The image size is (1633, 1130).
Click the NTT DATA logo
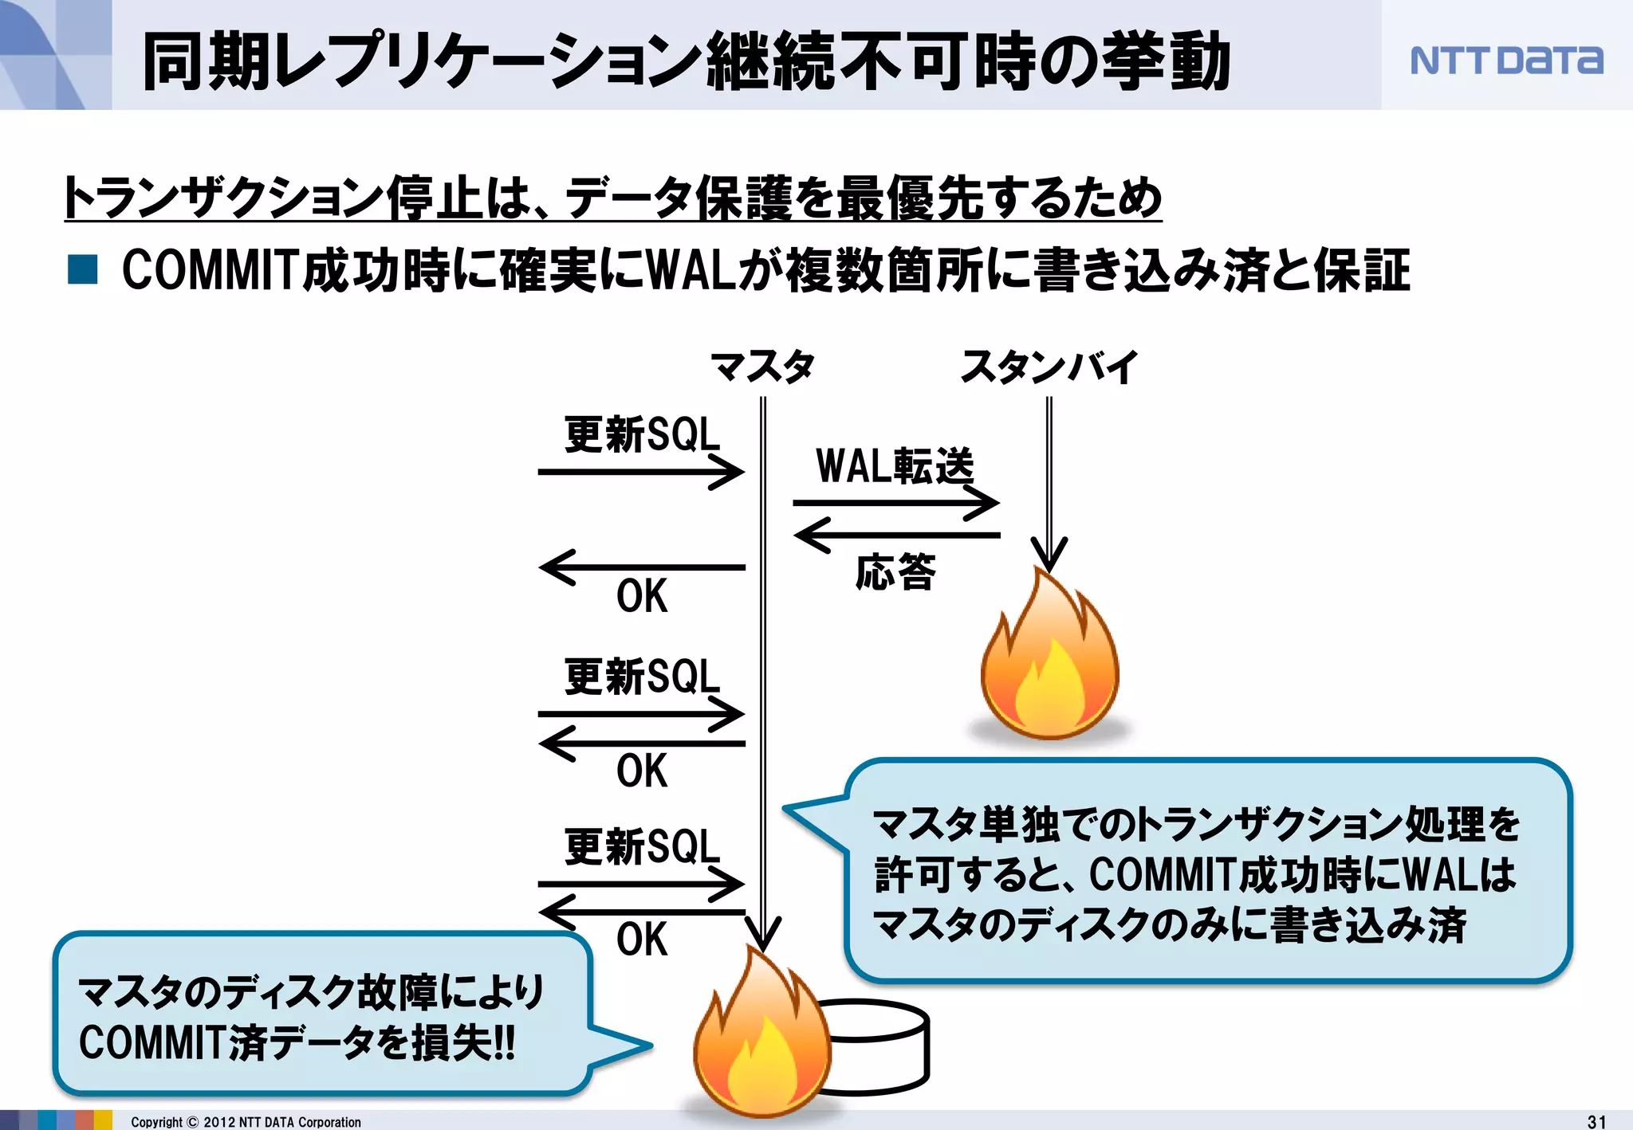coord(1505,61)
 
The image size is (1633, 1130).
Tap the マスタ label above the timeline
coord(762,367)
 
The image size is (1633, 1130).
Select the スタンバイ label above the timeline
coord(1049,367)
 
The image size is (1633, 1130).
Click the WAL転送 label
coord(895,466)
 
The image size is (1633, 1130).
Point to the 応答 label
coord(895,572)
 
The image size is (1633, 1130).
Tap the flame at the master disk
coord(761,1036)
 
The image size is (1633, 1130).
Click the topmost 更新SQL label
coord(642,435)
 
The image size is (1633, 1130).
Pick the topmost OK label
coord(642,596)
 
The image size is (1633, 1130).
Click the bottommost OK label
coord(642,940)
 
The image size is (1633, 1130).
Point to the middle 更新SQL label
coord(642,677)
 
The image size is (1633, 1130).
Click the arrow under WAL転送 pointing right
coord(895,503)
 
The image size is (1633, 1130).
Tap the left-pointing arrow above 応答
coord(895,535)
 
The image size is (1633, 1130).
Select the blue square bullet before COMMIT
coord(83,269)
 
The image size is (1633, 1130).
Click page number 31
coord(1596,1121)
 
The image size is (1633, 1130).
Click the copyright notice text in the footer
coord(246,1122)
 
